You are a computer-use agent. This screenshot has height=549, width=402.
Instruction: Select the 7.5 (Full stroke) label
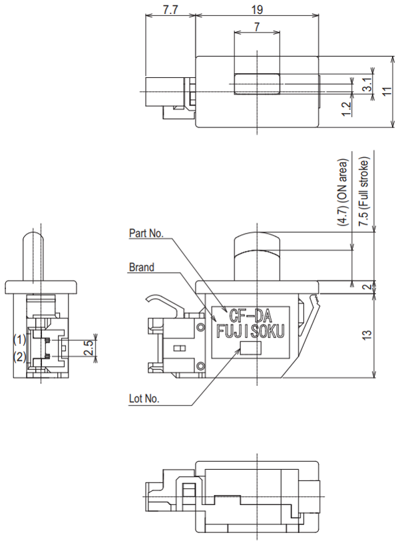[x=365, y=188]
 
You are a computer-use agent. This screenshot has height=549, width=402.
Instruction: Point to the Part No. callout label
[x=147, y=234]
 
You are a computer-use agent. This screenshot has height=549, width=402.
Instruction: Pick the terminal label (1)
[x=19, y=339]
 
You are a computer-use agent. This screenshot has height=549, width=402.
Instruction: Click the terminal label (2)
[x=19, y=357]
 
